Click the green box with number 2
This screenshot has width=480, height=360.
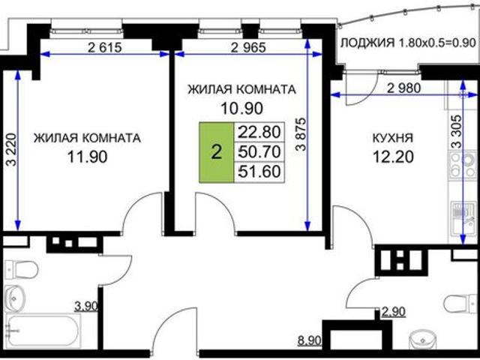click(217, 152)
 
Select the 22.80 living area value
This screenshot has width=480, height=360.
click(259, 132)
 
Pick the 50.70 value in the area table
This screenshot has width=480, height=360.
click(259, 151)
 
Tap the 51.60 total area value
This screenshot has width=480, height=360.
click(259, 172)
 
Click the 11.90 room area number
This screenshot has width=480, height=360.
click(87, 157)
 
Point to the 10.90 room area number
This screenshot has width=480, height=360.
click(241, 108)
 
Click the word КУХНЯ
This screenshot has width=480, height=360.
click(393, 138)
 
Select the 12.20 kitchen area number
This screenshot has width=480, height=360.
click(393, 157)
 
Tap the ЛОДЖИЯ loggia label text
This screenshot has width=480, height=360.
click(367, 43)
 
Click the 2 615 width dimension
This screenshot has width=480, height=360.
click(105, 47)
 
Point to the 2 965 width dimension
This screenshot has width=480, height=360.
click(248, 47)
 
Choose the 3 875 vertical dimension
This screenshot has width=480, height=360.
click(301, 133)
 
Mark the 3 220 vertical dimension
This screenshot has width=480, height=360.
click(11, 150)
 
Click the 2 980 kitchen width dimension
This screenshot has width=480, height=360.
click(404, 88)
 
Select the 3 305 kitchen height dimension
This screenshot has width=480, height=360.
click(456, 132)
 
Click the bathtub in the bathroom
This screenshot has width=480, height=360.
click(43, 331)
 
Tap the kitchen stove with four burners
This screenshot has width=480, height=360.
click(463, 165)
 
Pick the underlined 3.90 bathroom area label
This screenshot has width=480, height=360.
click(87, 306)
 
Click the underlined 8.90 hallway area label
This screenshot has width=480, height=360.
click(310, 340)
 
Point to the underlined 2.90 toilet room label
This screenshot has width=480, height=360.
click(393, 312)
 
